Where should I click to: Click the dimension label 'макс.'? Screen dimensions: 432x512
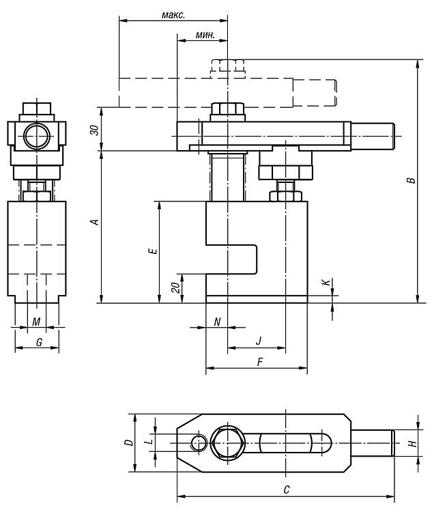pyautogui.click(x=173, y=15)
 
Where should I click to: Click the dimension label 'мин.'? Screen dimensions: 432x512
pyautogui.click(x=205, y=35)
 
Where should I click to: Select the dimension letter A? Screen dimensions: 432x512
pyautogui.click(x=95, y=222)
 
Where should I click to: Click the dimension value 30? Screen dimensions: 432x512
pyautogui.click(x=95, y=130)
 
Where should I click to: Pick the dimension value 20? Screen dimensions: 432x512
pyautogui.click(x=176, y=287)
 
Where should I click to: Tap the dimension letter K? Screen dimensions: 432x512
pyautogui.click(x=326, y=283)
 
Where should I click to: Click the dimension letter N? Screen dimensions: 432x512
pyautogui.click(x=217, y=322)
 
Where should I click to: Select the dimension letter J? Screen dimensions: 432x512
pyautogui.click(x=259, y=341)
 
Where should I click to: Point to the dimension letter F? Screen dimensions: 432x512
pyautogui.click(x=260, y=362)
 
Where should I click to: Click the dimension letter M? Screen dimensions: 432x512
pyautogui.click(x=36, y=322)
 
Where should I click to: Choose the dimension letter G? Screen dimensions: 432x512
pyautogui.click(x=39, y=342)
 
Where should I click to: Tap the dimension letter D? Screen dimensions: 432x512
pyautogui.click(x=129, y=442)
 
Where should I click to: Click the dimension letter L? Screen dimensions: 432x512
pyautogui.click(x=149, y=442)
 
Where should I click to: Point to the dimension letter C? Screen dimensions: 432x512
pyautogui.click(x=287, y=489)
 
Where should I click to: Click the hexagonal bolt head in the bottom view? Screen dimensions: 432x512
pyautogui.click(x=227, y=443)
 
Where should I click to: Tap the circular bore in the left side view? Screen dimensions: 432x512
pyautogui.click(x=37, y=136)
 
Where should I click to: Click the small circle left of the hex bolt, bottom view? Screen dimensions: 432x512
pyautogui.click(x=199, y=443)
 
